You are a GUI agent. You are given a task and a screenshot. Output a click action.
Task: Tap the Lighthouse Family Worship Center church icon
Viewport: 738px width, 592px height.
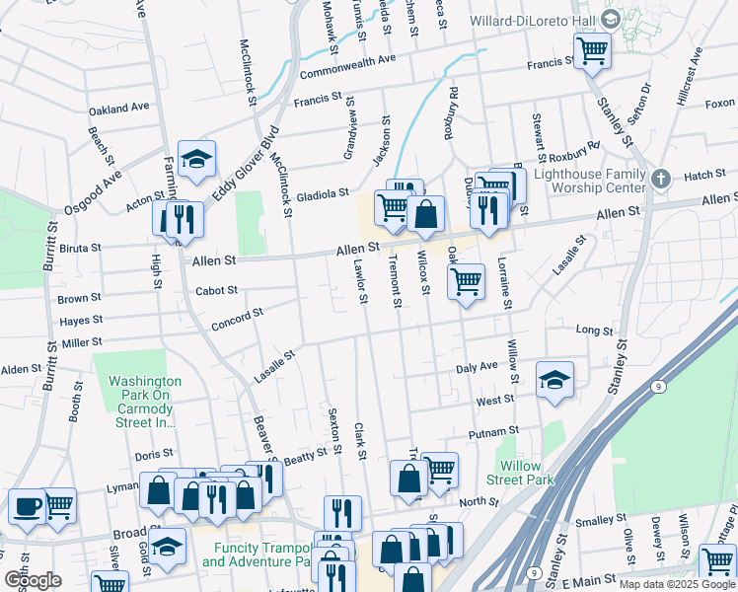[x=661, y=179]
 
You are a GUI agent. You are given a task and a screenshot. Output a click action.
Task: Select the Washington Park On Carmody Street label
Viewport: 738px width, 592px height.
[x=145, y=401]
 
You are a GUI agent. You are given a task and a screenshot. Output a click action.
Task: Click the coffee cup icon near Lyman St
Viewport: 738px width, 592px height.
[x=27, y=506]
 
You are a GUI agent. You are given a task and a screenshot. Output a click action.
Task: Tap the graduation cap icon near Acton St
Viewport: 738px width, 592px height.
[x=197, y=159]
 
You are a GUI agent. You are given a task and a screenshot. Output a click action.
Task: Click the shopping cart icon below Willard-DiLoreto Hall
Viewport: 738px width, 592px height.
[x=592, y=49]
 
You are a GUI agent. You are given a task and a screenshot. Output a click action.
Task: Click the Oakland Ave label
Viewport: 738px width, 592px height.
[x=117, y=107]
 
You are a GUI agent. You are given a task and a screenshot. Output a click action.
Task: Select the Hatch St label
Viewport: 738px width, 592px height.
[x=704, y=175]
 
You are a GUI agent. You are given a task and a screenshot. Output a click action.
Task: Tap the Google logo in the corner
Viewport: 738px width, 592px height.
[x=33, y=580]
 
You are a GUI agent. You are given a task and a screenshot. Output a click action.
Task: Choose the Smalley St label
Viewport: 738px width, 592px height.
[x=595, y=520]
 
